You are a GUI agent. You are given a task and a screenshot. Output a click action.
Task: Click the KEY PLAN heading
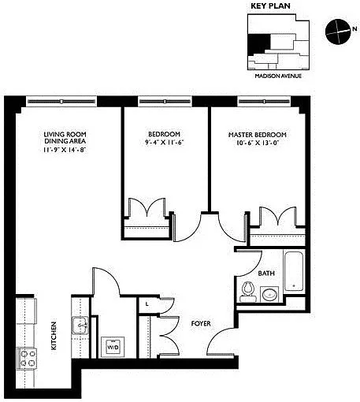click(270, 6)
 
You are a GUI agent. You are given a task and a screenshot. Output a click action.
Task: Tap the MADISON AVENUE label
click(278, 76)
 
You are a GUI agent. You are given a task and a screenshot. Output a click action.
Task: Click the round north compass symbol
click(338, 32)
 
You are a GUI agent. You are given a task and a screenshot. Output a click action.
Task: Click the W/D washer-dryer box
click(113, 347)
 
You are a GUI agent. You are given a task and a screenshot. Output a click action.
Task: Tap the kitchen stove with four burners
click(28, 359)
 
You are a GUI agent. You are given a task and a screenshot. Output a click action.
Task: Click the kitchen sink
click(80, 326)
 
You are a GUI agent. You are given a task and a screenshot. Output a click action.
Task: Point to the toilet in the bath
click(247, 292)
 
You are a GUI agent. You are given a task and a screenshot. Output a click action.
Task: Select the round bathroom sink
click(269, 294)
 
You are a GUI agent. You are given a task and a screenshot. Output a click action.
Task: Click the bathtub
click(294, 271)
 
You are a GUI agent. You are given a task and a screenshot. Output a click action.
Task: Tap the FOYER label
click(201, 323)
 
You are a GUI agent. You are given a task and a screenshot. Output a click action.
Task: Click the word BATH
click(266, 274)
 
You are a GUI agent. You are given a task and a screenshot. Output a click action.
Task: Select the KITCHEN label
click(54, 336)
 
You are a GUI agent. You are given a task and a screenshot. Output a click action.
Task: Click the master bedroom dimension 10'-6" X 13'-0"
click(257, 143)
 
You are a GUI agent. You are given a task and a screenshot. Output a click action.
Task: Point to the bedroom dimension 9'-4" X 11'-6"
click(165, 143)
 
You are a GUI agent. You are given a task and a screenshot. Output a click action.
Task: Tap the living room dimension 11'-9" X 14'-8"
click(65, 150)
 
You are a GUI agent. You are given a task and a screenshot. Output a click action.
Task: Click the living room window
click(61, 102)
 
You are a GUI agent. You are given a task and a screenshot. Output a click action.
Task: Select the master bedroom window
click(265, 102)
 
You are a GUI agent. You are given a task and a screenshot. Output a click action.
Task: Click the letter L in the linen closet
click(147, 304)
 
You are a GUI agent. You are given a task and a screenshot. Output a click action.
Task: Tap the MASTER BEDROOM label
click(258, 135)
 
